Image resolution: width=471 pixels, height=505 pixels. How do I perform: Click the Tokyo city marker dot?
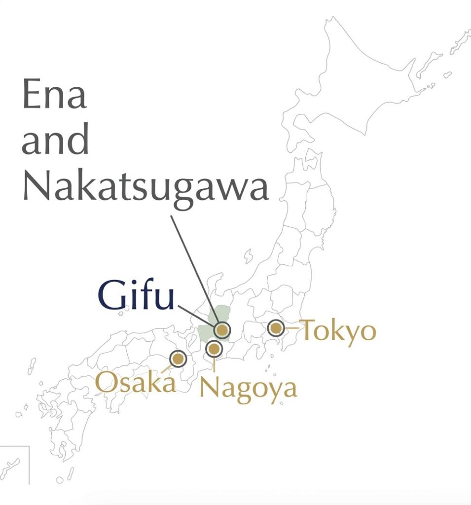click(x=276, y=327)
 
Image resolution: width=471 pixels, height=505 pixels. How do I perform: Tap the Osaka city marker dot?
click(x=178, y=358)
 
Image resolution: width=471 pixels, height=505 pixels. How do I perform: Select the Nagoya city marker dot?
click(x=214, y=349)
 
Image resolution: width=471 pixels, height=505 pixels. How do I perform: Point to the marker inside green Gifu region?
click(x=222, y=329)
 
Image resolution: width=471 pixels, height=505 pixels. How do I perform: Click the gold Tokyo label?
click(x=338, y=330)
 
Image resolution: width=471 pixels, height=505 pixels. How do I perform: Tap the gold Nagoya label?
click(x=248, y=388)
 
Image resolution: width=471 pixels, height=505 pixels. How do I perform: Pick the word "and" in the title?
click(x=55, y=141)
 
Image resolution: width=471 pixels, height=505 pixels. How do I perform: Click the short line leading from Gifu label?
click(x=194, y=314)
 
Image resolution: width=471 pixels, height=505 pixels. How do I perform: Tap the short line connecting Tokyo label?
click(x=291, y=327)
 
